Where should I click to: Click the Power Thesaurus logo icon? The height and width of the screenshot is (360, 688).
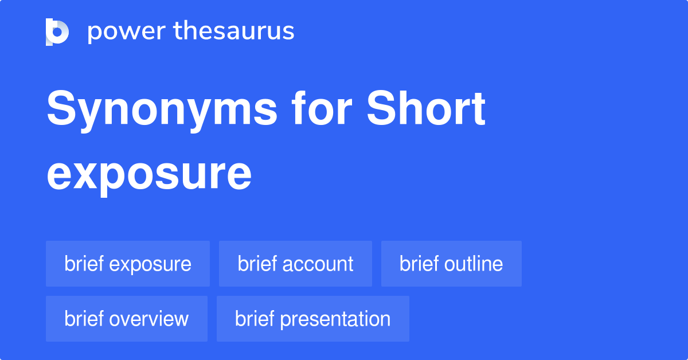57,32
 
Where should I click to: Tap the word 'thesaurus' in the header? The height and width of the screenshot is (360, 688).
234,32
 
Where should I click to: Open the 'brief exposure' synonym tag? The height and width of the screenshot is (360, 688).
128,264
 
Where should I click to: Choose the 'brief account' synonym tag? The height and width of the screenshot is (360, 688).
295,264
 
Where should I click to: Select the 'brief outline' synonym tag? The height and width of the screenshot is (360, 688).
451,264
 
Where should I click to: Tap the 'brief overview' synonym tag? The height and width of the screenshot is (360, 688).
127,319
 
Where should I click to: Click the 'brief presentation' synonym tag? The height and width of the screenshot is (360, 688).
312,319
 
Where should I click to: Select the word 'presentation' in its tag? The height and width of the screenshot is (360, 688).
335,319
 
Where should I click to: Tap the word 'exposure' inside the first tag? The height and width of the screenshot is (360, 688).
150,264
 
